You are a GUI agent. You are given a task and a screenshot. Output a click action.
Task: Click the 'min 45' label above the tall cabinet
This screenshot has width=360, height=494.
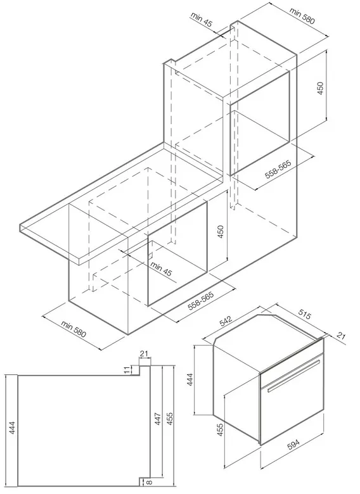(x=202, y=19)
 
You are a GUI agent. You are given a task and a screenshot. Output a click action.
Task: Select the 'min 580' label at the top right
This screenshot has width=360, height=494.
(x=302, y=15)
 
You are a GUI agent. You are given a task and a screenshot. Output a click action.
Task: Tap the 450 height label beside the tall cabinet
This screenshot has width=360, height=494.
(x=320, y=89)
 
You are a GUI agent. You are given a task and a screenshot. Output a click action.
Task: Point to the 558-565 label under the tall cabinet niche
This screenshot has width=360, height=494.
(x=278, y=170)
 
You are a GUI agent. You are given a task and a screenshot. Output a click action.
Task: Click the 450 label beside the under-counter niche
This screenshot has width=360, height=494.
(x=221, y=232)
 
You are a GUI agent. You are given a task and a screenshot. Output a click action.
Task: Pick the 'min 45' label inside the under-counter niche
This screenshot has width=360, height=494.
(x=161, y=269)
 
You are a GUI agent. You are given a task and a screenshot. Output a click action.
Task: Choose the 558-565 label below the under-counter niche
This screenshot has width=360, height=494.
(x=201, y=301)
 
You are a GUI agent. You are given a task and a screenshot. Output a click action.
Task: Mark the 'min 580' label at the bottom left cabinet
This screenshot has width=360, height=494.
(x=74, y=329)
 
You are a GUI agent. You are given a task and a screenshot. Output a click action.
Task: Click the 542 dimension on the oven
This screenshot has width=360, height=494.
(x=226, y=322)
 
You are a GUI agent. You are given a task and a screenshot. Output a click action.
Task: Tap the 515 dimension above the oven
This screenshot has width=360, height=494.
(x=304, y=315)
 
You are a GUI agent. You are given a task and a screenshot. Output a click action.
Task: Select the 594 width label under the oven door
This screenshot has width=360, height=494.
(x=293, y=444)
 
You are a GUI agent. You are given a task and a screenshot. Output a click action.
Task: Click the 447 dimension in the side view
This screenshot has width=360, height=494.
(x=158, y=419)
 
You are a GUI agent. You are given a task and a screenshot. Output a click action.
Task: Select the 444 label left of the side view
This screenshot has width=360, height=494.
(x=12, y=427)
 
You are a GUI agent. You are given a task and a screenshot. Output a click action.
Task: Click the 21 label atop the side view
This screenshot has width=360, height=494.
(x=144, y=353)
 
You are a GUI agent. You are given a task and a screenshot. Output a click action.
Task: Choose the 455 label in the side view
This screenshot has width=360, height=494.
(x=170, y=419)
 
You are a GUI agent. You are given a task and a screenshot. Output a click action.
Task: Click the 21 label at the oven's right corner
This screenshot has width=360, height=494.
(x=341, y=336)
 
